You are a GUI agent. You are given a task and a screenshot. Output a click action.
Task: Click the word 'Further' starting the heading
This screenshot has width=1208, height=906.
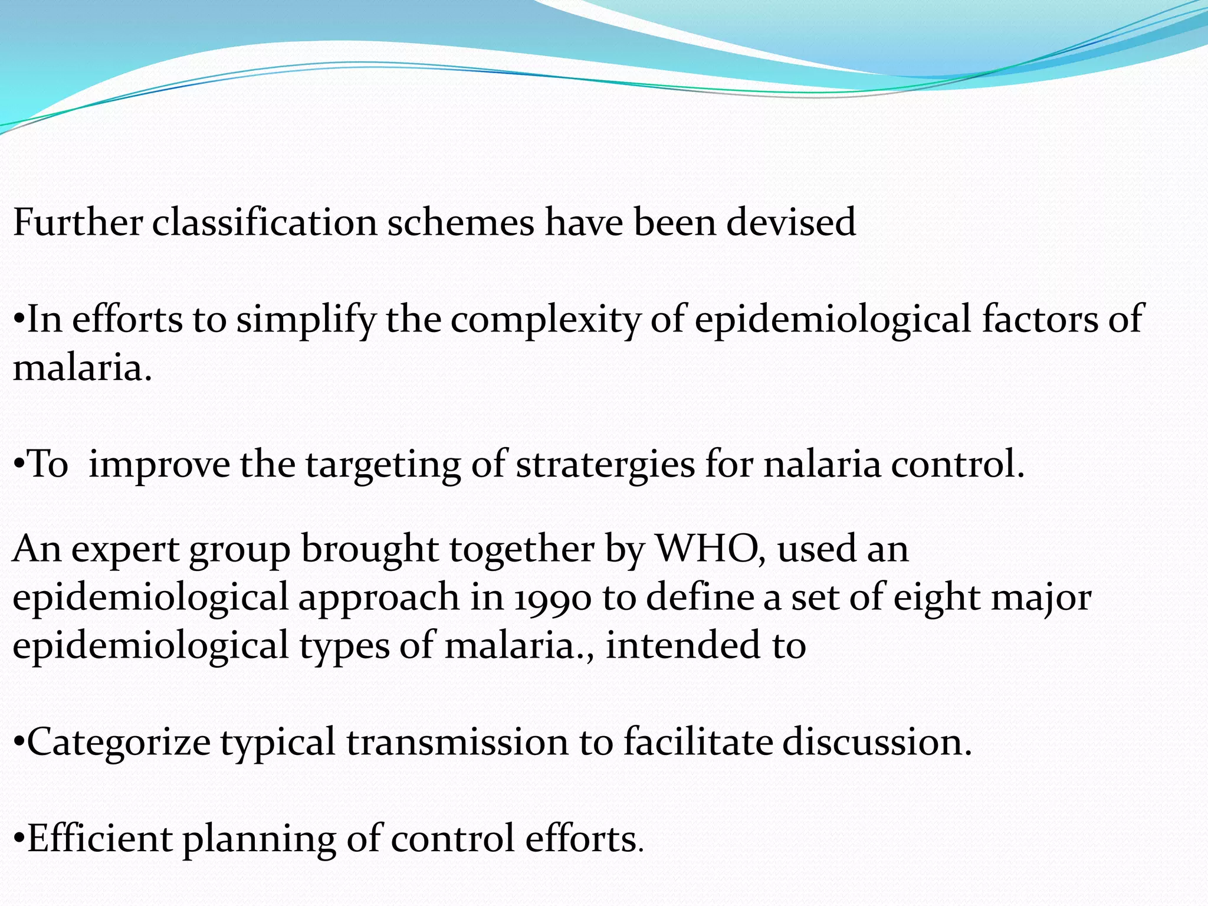(x=77, y=223)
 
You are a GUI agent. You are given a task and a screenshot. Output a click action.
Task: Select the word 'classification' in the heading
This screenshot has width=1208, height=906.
(x=264, y=223)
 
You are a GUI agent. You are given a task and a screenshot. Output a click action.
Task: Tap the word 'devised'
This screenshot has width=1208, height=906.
(x=790, y=223)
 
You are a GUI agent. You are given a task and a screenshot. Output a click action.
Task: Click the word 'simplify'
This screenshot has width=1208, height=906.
(x=306, y=320)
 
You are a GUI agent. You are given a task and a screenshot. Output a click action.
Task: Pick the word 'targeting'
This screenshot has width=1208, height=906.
(x=383, y=465)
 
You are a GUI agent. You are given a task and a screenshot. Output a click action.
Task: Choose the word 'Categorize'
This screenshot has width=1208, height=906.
(x=119, y=742)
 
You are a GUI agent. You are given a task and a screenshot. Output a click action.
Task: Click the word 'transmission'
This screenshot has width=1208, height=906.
(x=458, y=742)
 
